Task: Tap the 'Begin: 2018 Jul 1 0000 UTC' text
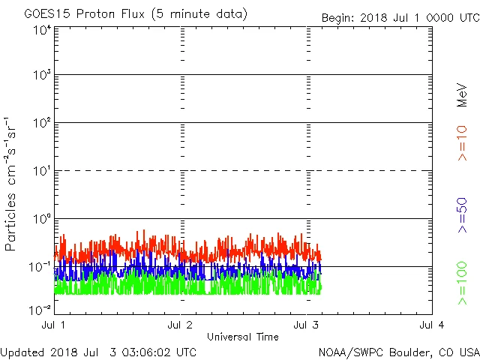coord(399,18)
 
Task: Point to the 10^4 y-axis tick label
coord(41,30)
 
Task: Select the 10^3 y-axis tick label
coord(41,75)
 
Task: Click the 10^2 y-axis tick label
coord(41,123)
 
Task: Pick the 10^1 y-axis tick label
coord(41,171)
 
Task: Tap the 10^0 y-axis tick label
coord(41,219)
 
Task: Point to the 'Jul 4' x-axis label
coord(432,325)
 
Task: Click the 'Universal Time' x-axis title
coord(243,337)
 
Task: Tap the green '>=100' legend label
coord(462,283)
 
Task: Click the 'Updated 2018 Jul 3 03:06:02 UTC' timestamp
coord(98,351)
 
